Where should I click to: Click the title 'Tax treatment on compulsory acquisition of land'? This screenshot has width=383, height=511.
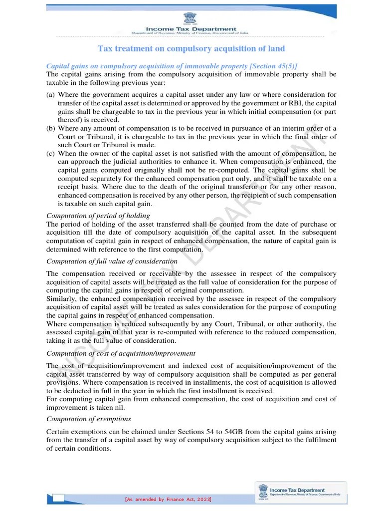click(191, 48)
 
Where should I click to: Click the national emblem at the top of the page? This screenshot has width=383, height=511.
click(191, 18)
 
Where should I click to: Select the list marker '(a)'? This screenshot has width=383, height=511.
click(51, 95)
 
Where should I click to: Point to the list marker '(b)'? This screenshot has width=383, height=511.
click(51, 128)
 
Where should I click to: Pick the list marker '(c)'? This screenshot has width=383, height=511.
click(51, 154)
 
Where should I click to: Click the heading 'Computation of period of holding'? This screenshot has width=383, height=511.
click(98, 216)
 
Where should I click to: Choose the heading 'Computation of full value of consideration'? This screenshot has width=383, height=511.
click(112, 261)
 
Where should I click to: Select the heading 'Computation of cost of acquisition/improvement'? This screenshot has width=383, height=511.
click(121, 353)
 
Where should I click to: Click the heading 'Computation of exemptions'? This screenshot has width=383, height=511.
click(88, 419)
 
